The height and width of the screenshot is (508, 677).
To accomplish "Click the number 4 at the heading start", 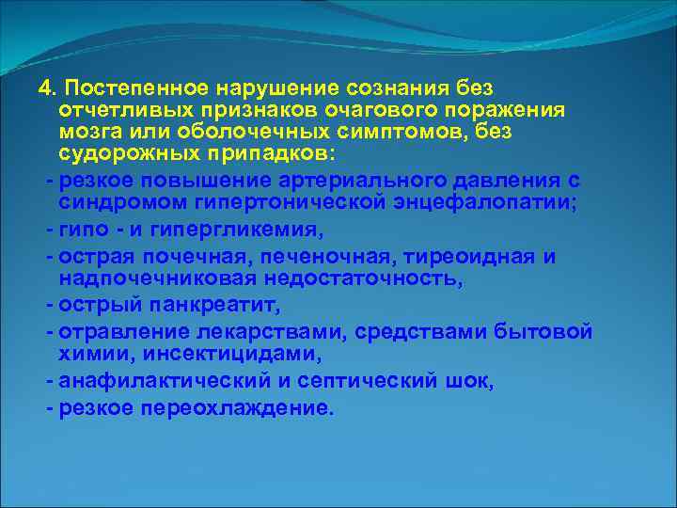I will tap(44, 87).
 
